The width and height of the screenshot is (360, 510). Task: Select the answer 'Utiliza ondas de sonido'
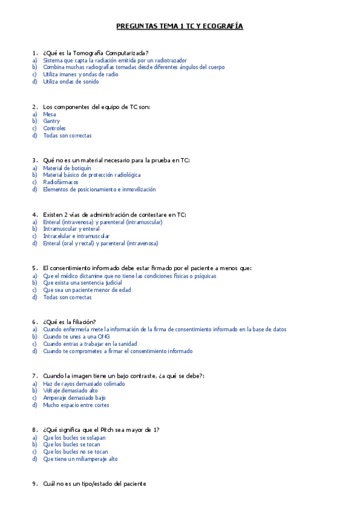click(x=71, y=82)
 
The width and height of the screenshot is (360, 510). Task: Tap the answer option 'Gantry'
click(x=52, y=121)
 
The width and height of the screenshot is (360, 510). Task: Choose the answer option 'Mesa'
click(x=50, y=114)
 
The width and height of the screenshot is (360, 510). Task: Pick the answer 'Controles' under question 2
click(x=54, y=128)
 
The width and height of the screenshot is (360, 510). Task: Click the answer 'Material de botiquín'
click(x=67, y=168)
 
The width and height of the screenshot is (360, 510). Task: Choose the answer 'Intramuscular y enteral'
click(x=72, y=229)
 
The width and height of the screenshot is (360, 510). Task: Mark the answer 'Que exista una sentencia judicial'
click(x=82, y=283)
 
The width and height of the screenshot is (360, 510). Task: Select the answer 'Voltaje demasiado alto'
click(x=70, y=390)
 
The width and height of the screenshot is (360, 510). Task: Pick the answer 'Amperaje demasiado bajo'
click(x=74, y=398)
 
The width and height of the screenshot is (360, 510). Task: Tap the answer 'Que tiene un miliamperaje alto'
click(x=80, y=459)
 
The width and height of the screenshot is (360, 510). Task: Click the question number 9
click(x=34, y=484)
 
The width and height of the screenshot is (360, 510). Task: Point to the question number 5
click(x=34, y=268)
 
